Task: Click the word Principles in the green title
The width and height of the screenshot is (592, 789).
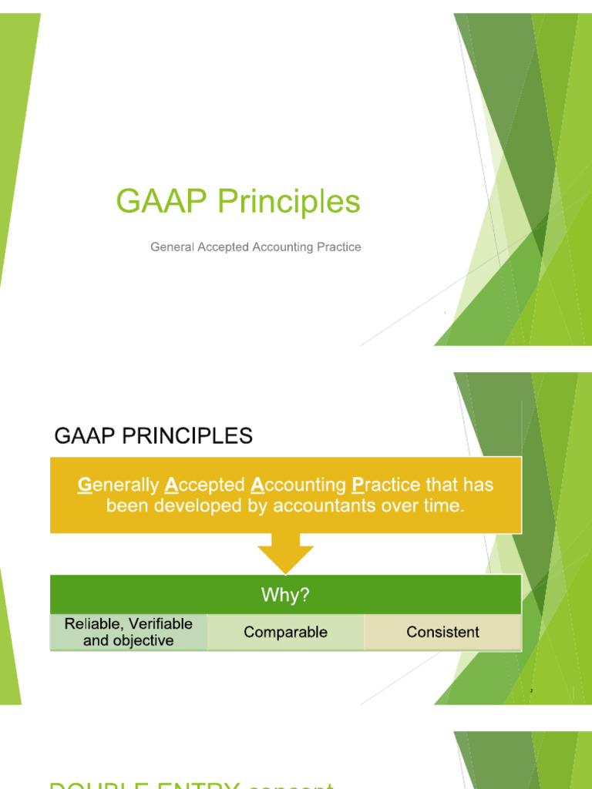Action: coord(288,203)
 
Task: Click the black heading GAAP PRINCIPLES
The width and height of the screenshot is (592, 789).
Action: coord(153,436)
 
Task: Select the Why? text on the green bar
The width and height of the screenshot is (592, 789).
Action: coord(285,594)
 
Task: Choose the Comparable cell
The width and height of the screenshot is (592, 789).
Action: coord(285,633)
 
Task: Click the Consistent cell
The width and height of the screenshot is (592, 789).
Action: coord(442,633)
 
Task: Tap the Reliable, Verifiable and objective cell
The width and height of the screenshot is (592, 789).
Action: coord(129,633)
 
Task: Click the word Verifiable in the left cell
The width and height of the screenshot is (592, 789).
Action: coord(161,624)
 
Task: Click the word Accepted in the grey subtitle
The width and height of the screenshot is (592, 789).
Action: coord(223,247)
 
